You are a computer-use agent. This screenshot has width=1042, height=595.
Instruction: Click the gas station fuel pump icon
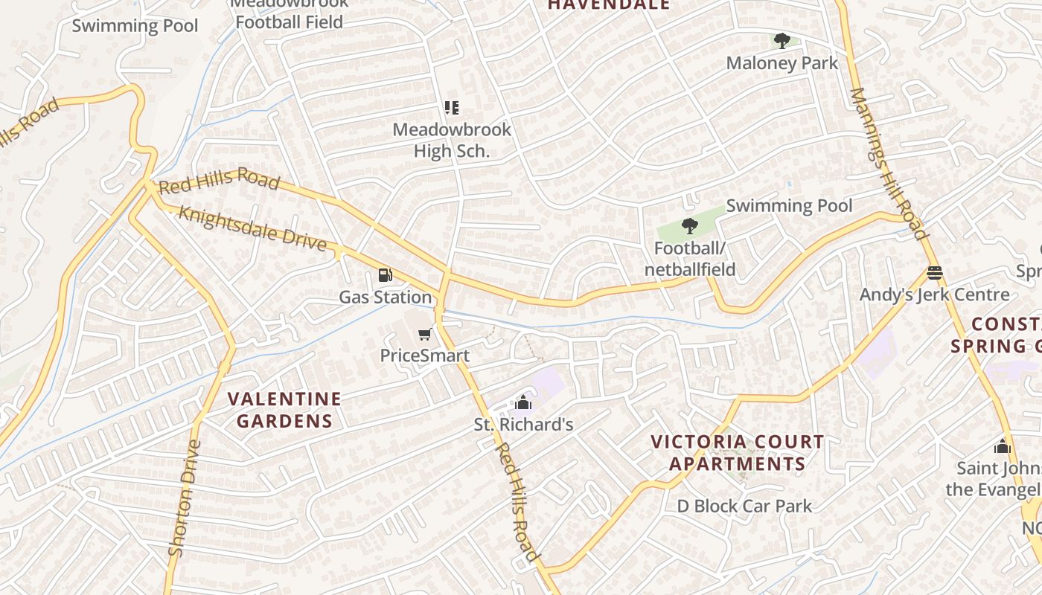point(385,276)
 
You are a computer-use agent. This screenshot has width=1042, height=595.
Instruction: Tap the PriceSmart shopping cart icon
point(425,335)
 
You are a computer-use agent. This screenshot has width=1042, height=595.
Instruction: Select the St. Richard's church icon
point(523,403)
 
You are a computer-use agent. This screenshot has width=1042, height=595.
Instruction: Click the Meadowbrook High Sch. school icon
point(452,109)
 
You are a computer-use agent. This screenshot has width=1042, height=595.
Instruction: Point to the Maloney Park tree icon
point(781,41)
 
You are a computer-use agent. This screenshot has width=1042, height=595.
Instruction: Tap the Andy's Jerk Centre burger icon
point(935,273)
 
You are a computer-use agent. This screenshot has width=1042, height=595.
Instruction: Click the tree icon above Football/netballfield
point(690,226)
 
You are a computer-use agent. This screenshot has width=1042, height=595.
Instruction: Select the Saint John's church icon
point(1003,446)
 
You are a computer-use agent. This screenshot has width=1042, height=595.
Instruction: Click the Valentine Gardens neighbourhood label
point(284,410)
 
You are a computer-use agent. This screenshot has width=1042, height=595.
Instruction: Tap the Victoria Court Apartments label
point(737,453)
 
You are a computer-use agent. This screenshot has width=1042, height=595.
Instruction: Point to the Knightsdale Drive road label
point(252,228)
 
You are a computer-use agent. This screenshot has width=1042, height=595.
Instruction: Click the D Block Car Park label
point(744,506)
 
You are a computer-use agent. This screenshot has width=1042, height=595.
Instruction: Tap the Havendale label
point(609,5)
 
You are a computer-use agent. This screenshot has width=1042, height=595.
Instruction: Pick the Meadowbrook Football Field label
point(289,15)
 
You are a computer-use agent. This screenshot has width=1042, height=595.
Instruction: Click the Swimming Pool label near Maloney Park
point(789,206)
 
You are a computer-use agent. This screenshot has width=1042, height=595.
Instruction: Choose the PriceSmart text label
point(425,356)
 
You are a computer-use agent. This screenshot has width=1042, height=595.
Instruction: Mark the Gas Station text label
point(385,297)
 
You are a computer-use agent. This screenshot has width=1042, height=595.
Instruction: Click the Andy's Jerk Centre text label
point(935,295)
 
